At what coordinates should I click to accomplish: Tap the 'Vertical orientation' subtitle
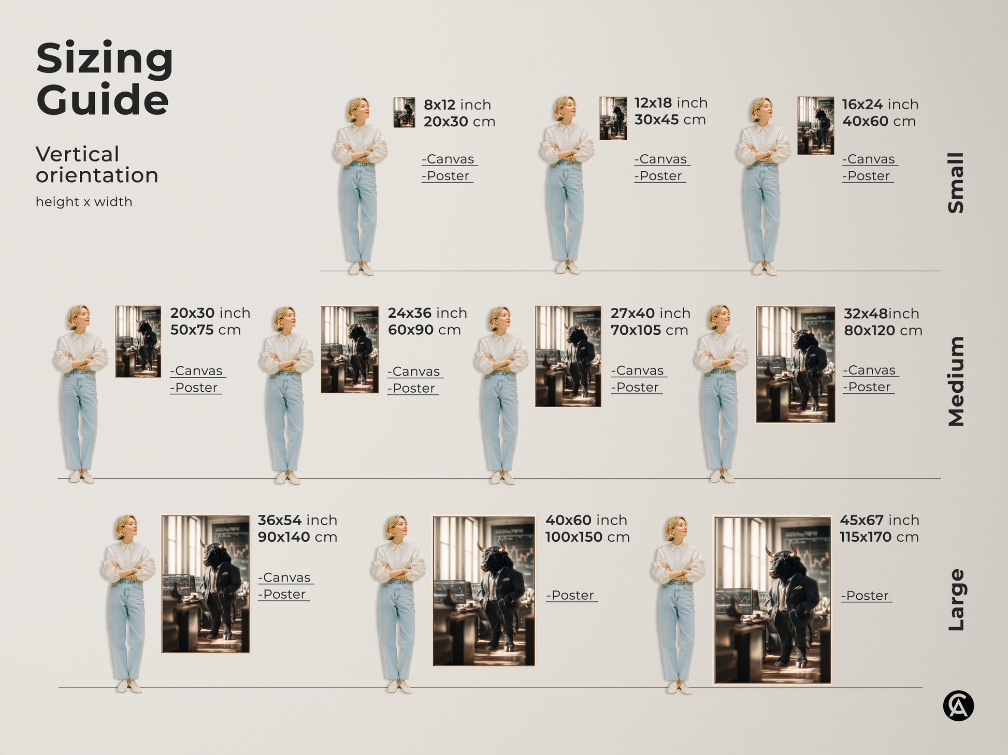pyautogui.click(x=96, y=165)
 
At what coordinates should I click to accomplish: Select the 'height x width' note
pyautogui.click(x=84, y=202)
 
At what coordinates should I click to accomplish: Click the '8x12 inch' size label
pyautogui.click(x=457, y=105)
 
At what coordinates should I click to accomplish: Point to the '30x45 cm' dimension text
pyautogui.click(x=670, y=120)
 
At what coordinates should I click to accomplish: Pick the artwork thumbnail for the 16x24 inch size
pyautogui.click(x=815, y=126)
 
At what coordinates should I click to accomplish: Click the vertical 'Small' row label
pyautogui.click(x=956, y=183)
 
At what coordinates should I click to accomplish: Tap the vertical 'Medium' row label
pyautogui.click(x=956, y=381)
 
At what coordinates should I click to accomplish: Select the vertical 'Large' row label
pyautogui.click(x=956, y=600)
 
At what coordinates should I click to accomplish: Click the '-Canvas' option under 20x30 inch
pyautogui.click(x=197, y=371)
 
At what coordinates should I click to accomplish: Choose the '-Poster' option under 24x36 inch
pyautogui.click(x=413, y=389)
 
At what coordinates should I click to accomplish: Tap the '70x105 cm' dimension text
pyautogui.click(x=649, y=330)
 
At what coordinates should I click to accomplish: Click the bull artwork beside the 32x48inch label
pyautogui.click(x=795, y=364)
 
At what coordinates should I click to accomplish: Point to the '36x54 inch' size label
pyautogui.click(x=297, y=520)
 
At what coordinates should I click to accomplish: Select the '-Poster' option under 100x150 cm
pyautogui.click(x=571, y=596)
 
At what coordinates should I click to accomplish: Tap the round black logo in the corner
pyautogui.click(x=958, y=706)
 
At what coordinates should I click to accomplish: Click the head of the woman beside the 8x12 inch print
pyautogui.click(x=358, y=109)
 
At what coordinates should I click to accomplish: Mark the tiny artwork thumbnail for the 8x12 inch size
pyautogui.click(x=404, y=112)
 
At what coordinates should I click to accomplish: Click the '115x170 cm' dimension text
pyautogui.click(x=879, y=537)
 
